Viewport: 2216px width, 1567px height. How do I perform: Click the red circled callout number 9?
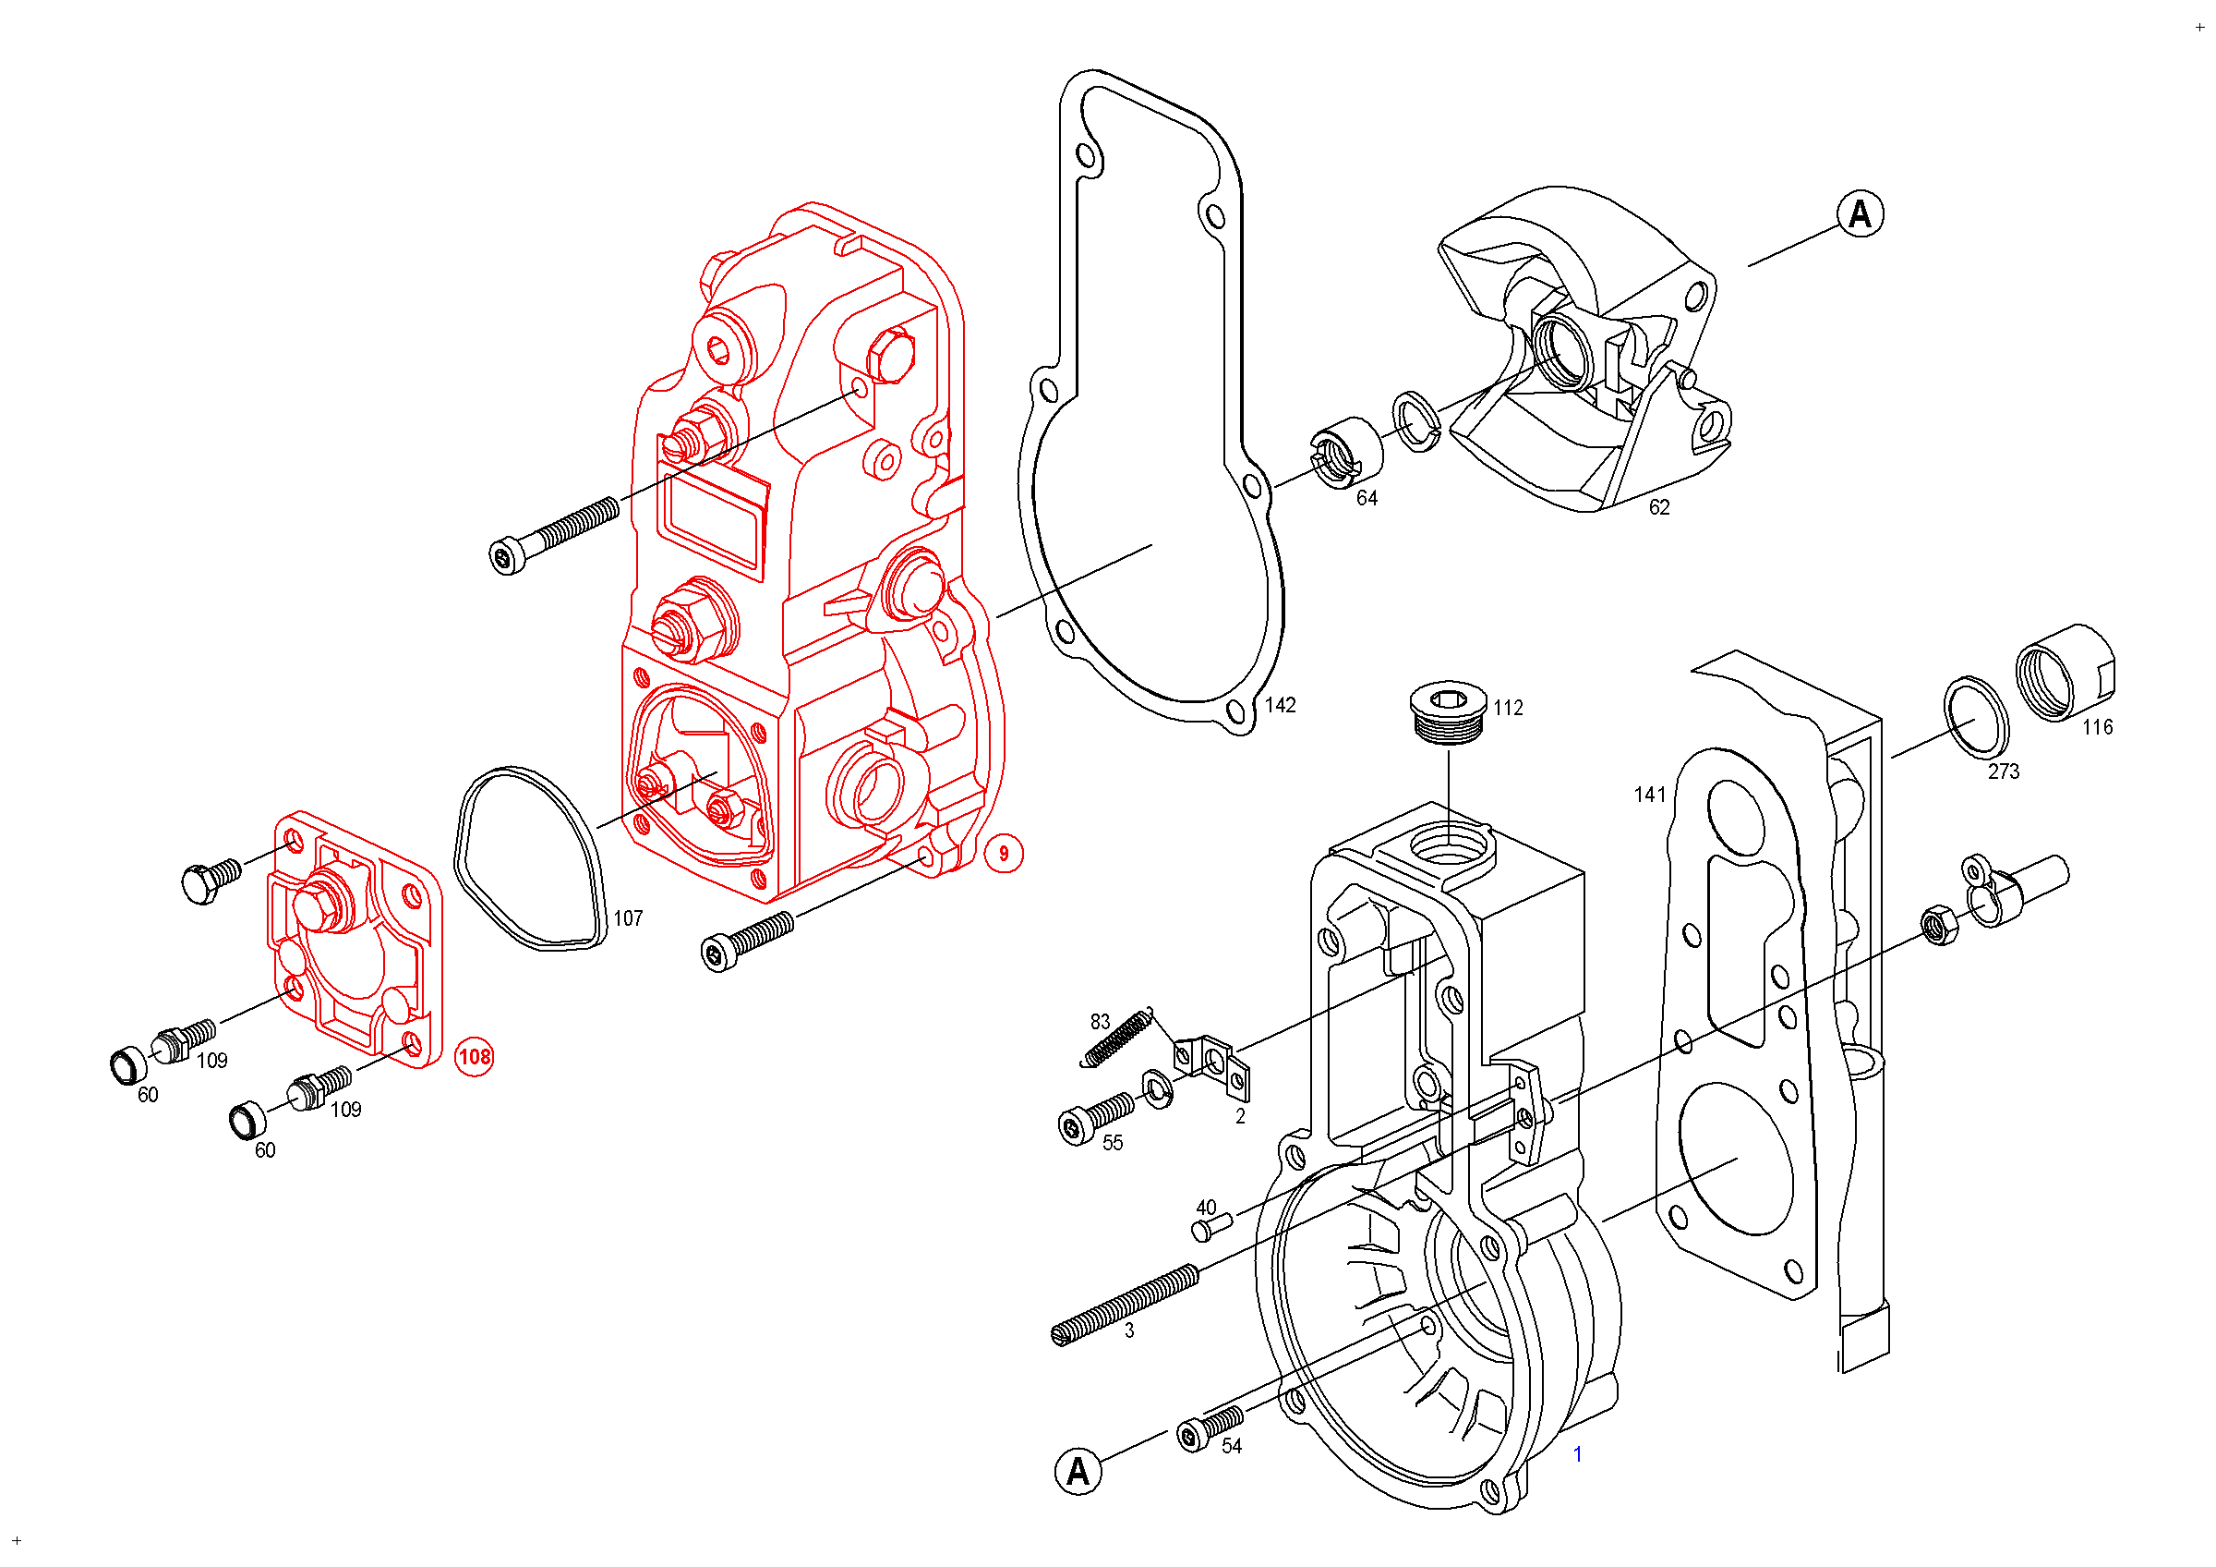click(x=1003, y=854)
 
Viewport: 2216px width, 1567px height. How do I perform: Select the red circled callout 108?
click(x=474, y=1056)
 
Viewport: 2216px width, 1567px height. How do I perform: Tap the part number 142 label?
click(x=1280, y=706)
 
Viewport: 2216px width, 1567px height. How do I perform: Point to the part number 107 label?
click(x=628, y=919)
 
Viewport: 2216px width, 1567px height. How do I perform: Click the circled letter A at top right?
click(x=1860, y=213)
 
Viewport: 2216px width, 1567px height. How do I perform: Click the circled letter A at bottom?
click(x=1078, y=1472)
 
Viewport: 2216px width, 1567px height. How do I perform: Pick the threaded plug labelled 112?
click(x=1448, y=713)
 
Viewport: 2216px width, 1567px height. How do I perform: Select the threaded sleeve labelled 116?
click(x=2065, y=673)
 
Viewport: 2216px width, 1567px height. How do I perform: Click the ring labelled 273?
click(x=1976, y=717)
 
